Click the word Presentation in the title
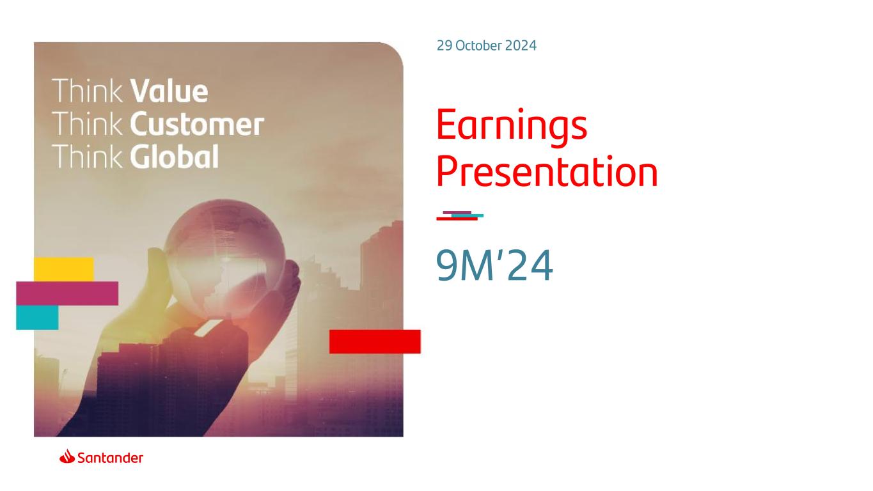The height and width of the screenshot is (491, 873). click(x=547, y=172)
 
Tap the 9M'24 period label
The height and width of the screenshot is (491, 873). click(x=494, y=266)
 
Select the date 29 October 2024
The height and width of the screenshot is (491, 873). click(x=486, y=45)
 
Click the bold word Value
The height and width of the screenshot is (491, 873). click(x=169, y=91)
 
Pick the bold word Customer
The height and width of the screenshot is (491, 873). click(x=197, y=124)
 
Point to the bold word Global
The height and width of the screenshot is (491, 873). click(x=174, y=157)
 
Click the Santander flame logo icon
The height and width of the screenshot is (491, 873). click(x=67, y=456)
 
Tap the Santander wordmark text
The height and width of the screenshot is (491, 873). click(x=110, y=458)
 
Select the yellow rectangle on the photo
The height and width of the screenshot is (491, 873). click(x=64, y=269)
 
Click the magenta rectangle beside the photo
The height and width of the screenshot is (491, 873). click(x=67, y=293)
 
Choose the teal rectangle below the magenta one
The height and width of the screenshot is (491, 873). click(x=37, y=318)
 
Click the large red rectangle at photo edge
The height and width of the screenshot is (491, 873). click(x=375, y=342)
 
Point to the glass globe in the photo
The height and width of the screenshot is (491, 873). click(x=225, y=258)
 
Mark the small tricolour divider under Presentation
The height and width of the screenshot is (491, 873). click(x=460, y=216)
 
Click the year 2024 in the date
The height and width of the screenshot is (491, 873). click(x=521, y=45)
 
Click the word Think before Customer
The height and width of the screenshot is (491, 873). click(x=87, y=124)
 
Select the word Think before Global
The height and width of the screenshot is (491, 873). click(x=87, y=157)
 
